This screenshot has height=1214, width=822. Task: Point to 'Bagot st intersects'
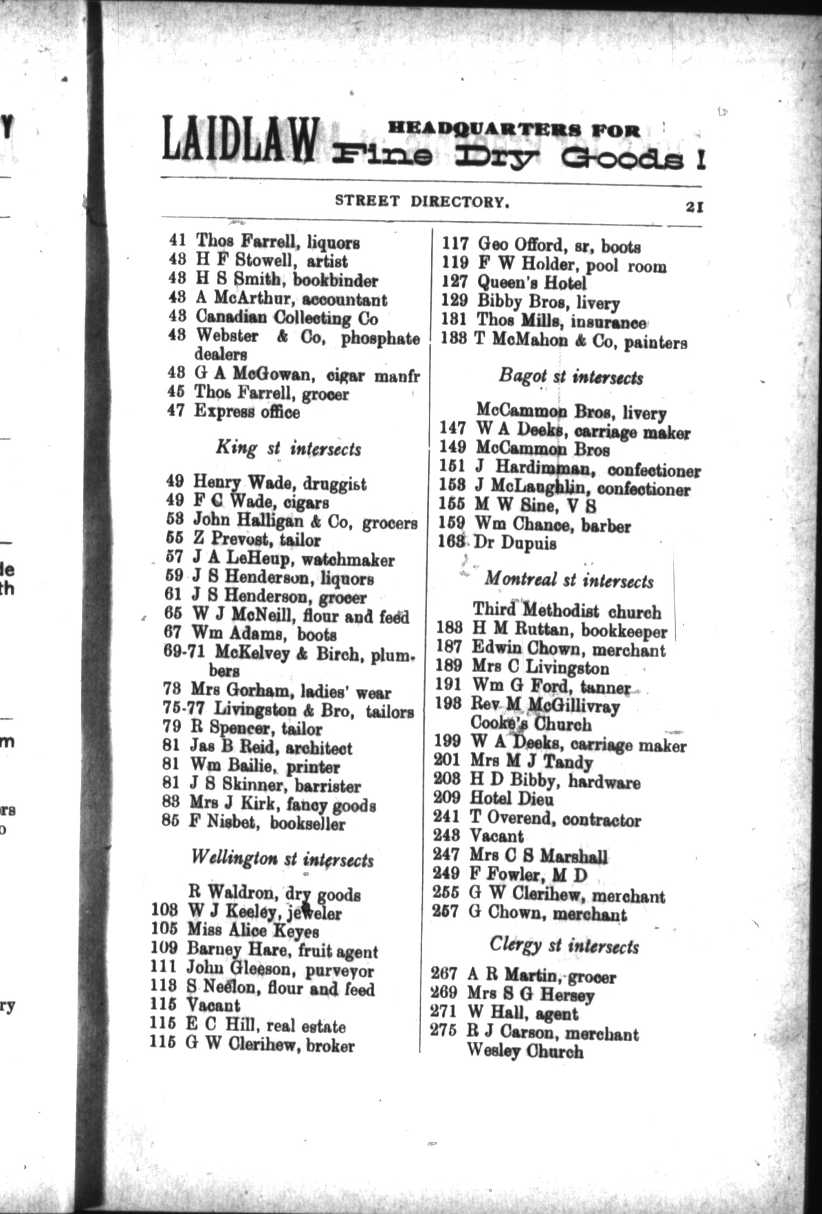570,377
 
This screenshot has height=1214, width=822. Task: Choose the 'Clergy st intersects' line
564,945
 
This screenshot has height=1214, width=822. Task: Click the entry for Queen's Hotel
532,283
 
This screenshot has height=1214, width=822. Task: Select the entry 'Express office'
247,412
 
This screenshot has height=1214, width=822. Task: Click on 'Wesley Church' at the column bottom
525,1051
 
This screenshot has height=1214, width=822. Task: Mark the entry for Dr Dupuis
515,543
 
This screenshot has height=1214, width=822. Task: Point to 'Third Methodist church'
566,611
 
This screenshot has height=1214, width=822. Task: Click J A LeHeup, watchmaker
294,560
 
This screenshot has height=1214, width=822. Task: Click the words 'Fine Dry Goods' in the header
516,157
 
